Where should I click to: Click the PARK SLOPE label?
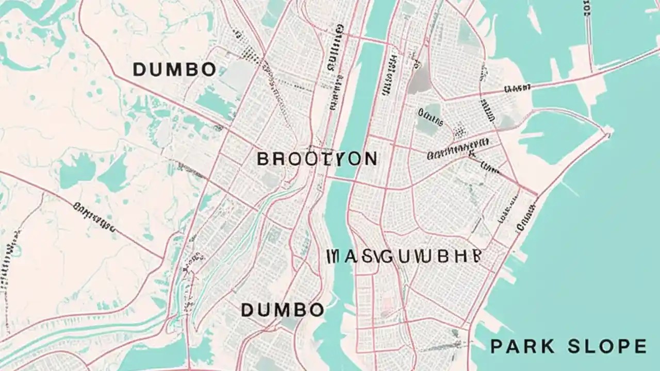point(568,346)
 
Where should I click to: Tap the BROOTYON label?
point(317,159)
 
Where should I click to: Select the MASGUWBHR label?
point(404,256)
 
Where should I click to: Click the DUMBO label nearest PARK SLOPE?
point(283,310)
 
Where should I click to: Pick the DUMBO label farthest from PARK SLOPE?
point(174,70)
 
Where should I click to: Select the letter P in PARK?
point(497,346)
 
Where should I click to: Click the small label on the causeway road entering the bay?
point(517,89)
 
